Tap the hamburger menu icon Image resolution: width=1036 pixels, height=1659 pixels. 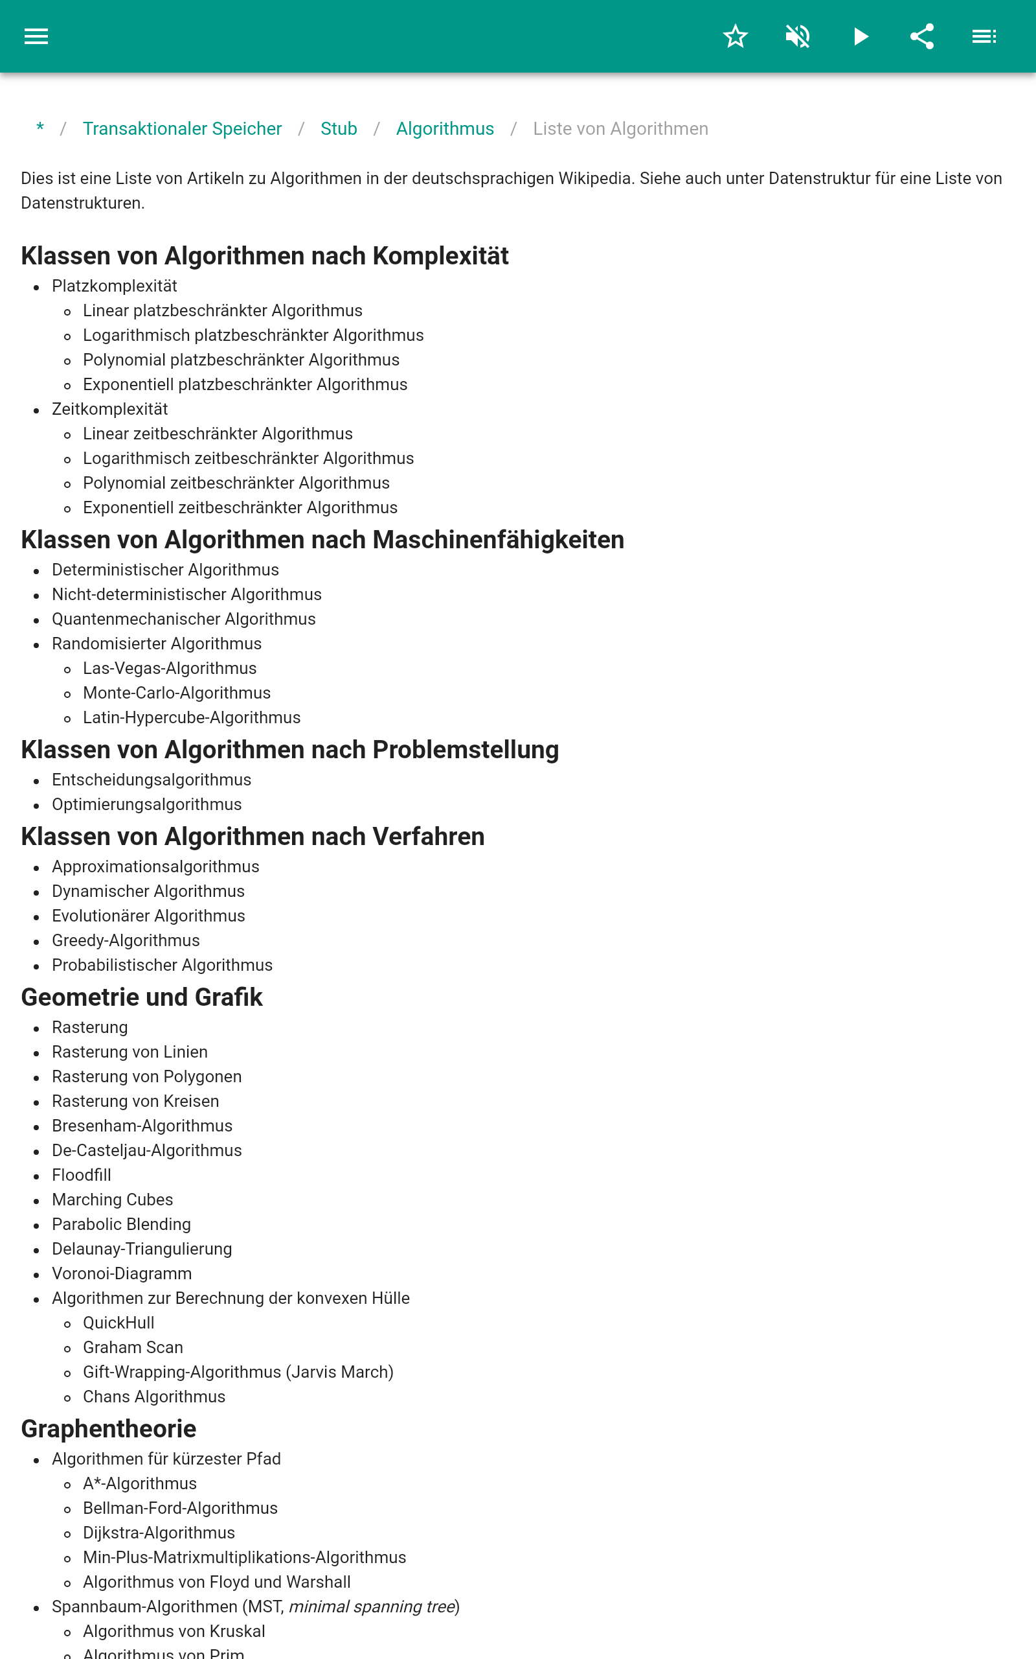(36, 36)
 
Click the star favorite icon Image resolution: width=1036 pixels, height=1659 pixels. (735, 36)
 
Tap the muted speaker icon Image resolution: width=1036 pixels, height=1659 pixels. (798, 36)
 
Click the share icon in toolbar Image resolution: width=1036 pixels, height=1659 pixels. (921, 36)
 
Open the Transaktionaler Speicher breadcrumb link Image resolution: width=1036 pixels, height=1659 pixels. (182, 129)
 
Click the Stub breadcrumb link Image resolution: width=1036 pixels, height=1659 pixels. (339, 129)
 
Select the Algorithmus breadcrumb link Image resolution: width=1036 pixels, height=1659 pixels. (445, 129)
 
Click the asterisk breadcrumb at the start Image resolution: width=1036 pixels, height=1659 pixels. (40, 128)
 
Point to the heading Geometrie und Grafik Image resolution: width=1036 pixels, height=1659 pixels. (142, 997)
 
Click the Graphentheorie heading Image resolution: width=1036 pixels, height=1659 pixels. (109, 1429)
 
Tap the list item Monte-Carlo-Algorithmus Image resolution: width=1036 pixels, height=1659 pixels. (177, 693)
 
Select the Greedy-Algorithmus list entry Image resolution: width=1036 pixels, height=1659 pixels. (126, 940)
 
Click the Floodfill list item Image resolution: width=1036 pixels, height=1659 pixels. (82, 1175)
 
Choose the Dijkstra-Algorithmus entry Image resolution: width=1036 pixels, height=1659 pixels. (159, 1533)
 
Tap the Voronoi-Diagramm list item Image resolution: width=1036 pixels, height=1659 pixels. (122, 1273)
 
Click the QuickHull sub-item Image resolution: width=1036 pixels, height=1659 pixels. (118, 1323)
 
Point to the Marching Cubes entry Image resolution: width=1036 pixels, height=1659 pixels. (113, 1200)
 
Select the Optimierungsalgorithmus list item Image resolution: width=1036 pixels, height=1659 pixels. (146, 804)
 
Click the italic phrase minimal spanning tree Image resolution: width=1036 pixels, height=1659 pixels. (372, 1607)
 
